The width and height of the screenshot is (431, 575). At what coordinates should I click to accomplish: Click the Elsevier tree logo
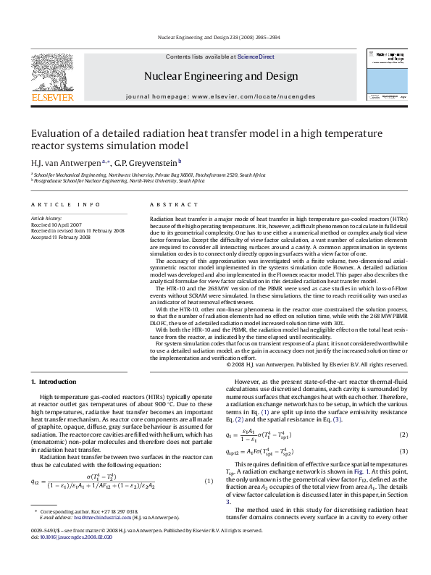(51, 71)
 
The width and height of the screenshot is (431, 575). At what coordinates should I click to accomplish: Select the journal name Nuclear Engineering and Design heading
(220, 76)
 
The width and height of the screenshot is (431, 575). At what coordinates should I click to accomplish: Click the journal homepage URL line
(220, 96)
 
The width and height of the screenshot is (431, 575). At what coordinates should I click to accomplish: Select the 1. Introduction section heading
(57, 382)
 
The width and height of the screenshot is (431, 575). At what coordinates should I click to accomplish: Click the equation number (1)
(208, 482)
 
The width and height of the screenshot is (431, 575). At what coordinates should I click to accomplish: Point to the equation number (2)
(404, 435)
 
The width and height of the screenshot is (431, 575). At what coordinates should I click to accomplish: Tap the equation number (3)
(404, 451)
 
